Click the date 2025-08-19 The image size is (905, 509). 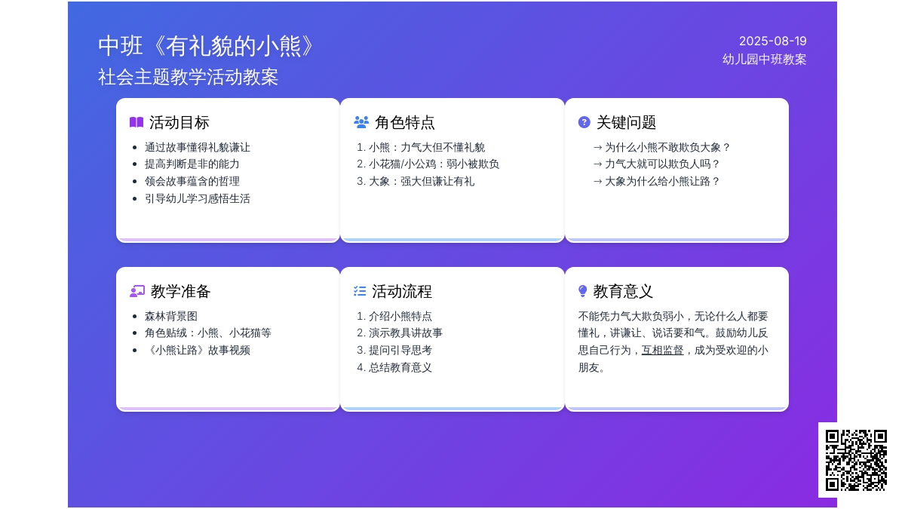point(772,41)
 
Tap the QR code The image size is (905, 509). point(856,460)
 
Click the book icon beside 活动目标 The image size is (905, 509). point(137,122)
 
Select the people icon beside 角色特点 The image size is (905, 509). point(361,122)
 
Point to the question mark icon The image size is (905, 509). point(584,122)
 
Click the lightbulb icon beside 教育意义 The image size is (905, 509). point(582,291)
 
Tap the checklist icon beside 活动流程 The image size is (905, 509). point(360,291)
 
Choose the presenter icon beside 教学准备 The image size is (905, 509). point(137,291)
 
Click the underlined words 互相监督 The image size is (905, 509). point(663,350)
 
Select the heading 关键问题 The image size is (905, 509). point(626,122)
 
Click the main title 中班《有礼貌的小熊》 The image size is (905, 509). point(206,46)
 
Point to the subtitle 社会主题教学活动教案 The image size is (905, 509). point(189,77)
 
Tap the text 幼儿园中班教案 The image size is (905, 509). point(765,60)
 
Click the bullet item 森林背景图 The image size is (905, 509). point(171,316)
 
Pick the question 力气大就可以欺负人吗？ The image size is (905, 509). point(657,164)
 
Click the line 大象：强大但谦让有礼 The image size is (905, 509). point(416,182)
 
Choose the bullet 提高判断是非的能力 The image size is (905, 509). point(192,164)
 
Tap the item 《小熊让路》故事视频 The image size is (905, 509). point(197,350)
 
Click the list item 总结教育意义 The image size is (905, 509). point(394,367)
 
